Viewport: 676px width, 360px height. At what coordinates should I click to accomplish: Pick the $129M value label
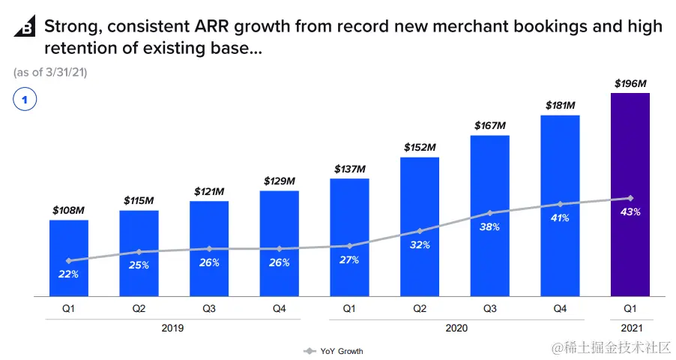279,181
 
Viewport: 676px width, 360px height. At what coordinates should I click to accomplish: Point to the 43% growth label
630,212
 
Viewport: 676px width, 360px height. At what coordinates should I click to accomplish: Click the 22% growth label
68,274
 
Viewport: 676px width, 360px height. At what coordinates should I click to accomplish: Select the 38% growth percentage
489,226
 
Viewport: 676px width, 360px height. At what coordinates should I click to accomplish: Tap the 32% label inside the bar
419,244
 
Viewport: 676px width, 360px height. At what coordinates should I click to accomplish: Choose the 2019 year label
172,328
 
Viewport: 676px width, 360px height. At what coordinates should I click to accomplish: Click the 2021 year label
630,328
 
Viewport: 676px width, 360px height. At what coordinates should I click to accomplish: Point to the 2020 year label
456,328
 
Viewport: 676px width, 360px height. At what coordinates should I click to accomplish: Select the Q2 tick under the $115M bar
139,308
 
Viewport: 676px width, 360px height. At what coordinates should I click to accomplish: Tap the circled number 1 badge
25,99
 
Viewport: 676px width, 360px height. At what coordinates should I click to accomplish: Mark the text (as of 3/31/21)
50,72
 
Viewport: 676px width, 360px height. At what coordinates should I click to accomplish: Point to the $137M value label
349,169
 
